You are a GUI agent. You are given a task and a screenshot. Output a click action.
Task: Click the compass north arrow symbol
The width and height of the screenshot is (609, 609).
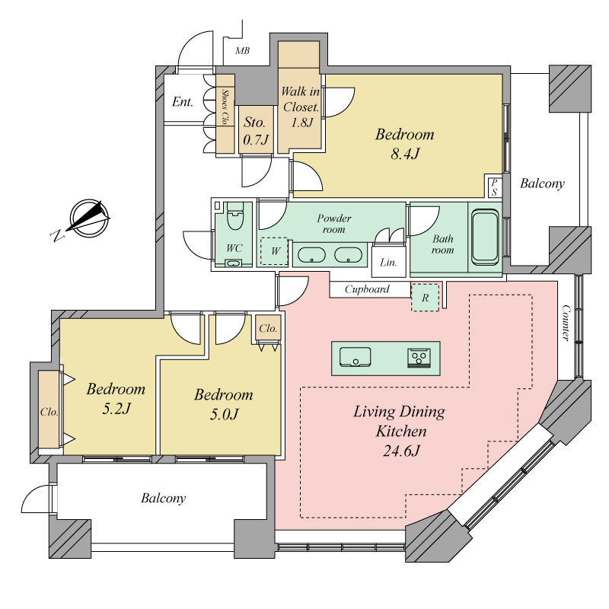coord(90,218)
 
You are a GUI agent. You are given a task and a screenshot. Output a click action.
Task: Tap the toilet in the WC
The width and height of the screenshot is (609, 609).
coord(234,216)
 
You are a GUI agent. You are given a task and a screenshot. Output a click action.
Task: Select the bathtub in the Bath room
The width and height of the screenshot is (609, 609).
coord(485,237)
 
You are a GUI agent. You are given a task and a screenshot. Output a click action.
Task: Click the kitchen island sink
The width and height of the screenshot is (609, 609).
coord(355,357)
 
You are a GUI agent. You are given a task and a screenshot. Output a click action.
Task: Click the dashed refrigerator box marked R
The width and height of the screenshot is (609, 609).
coord(426,298)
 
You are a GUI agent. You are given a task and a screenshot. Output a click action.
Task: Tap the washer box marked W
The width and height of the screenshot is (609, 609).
coord(274,252)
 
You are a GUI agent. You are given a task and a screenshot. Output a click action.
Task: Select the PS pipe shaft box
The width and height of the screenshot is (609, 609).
coord(493,187)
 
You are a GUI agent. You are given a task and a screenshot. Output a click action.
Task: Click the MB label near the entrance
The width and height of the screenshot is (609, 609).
coord(242,50)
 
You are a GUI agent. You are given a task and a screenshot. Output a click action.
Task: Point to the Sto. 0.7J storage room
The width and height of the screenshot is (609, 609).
coord(256,130)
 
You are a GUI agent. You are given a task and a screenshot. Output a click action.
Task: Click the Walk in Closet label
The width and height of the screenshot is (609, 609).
coord(301,99)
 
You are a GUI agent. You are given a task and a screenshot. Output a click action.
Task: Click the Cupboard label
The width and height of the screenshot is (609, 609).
coord(367,289)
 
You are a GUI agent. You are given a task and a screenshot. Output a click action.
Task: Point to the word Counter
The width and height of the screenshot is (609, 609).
coord(566,323)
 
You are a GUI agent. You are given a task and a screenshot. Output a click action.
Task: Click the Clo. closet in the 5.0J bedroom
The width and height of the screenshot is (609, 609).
coord(268,329)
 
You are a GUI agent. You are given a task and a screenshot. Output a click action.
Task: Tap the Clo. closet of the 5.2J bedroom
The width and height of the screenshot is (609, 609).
coord(49,412)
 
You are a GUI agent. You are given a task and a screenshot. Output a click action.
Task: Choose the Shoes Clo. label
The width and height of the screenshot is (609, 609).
coord(225,107)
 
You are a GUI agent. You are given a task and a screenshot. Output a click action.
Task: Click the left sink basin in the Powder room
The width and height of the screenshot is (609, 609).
coord(311,255)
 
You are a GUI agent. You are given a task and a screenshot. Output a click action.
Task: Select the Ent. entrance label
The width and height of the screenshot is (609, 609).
coord(183,102)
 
